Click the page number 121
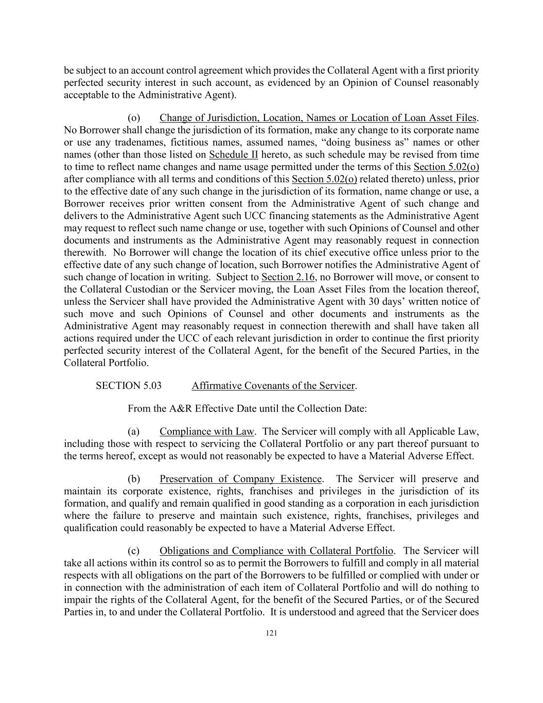point(271,633)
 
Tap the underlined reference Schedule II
point(234,155)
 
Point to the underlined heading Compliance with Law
point(207,432)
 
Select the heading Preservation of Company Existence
point(241,479)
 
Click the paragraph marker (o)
point(134,118)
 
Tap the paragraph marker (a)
point(134,432)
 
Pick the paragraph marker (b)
point(134,479)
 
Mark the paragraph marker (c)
point(134,551)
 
